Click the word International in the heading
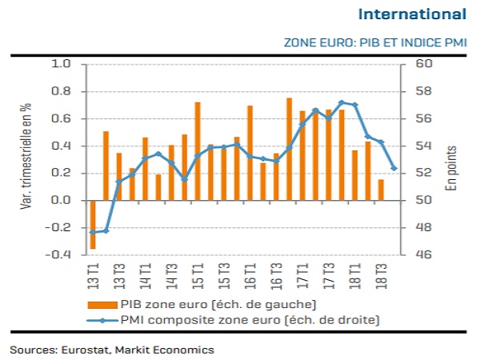coord(412,14)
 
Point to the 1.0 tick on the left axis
coord(63,64)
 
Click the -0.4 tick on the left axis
coord(60,255)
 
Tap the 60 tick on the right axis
coord(424,64)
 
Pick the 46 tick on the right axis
coord(424,255)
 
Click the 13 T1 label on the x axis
coord(93,274)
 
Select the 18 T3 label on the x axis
coord(381,274)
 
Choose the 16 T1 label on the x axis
coord(250,274)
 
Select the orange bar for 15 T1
coord(198,151)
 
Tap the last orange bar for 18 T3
coord(381,190)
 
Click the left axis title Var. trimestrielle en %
coord(26,158)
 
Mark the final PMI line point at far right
coord(394,168)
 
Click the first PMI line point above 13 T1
coord(93,232)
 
